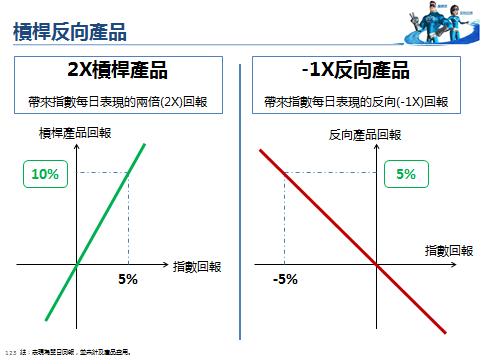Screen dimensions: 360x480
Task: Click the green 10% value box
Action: click(x=45, y=174)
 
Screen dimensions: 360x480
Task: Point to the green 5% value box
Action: click(x=406, y=174)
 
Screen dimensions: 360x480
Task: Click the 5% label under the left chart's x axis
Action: click(x=128, y=279)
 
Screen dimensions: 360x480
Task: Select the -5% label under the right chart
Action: click(x=285, y=279)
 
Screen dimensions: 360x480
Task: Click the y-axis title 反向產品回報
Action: click(x=368, y=135)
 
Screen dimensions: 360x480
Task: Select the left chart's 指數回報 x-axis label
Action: click(x=197, y=266)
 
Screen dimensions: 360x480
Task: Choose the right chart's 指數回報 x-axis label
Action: click(x=449, y=250)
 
